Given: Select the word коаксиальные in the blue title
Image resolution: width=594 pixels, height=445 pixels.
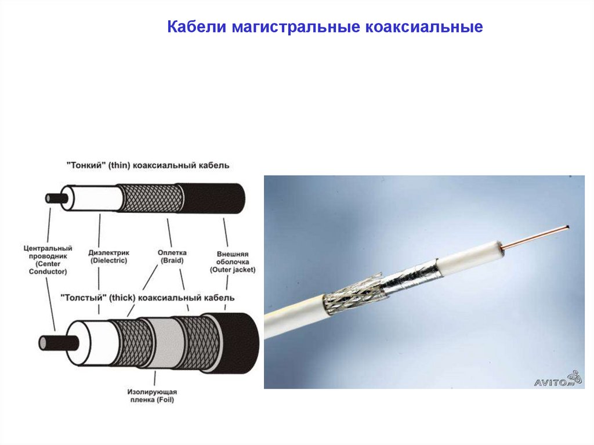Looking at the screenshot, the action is click(x=424, y=27).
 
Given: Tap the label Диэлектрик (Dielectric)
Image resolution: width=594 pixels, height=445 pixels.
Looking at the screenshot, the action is click(x=108, y=256).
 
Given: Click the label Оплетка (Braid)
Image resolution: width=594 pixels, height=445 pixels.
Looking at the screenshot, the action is click(x=172, y=256).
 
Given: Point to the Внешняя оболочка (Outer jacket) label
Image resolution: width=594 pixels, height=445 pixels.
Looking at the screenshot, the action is click(x=233, y=262).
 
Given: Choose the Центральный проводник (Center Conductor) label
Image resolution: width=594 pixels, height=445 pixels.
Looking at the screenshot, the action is click(x=48, y=260).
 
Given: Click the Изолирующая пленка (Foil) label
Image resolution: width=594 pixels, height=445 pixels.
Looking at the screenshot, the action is click(x=152, y=396).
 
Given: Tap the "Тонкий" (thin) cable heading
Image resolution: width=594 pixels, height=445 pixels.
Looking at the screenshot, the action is click(x=148, y=166).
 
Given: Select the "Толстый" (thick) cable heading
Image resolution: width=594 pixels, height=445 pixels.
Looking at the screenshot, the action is click(x=147, y=298).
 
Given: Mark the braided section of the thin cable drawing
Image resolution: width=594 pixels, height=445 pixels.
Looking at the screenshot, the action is click(x=150, y=198).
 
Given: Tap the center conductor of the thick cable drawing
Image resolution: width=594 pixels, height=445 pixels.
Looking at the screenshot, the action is click(x=59, y=343).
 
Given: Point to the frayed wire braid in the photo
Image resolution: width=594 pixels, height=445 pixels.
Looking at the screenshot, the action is click(x=354, y=293).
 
